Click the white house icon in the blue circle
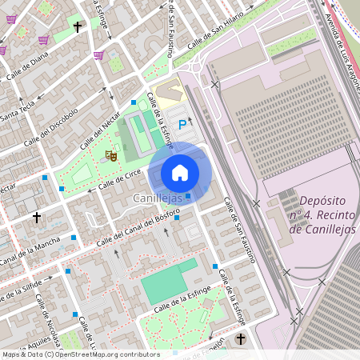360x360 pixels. coord(180,173)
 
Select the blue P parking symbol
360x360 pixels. coord(182,124)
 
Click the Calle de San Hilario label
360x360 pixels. coord(215,38)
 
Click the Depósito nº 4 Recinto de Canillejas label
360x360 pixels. coord(325,215)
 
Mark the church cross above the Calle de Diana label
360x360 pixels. coord(78,28)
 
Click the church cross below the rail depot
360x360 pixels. coord(241,339)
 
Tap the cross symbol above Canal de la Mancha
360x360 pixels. coord(36,217)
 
